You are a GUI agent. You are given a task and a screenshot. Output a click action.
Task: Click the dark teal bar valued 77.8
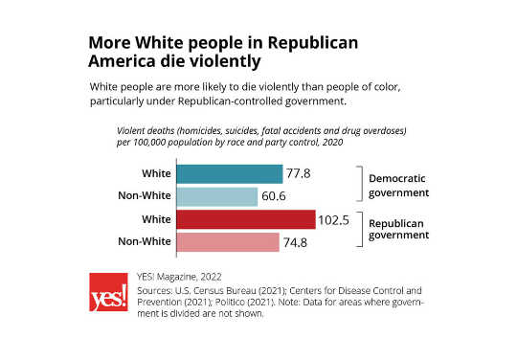click(230, 174)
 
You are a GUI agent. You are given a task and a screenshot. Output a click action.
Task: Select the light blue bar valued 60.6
click(217, 196)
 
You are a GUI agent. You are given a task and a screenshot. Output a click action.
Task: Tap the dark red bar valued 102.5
click(246, 220)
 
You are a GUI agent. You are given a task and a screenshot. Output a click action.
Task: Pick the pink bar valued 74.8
click(228, 242)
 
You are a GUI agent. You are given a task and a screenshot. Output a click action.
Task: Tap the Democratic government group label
click(400, 185)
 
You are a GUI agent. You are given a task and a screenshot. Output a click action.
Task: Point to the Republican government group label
click(400, 231)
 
